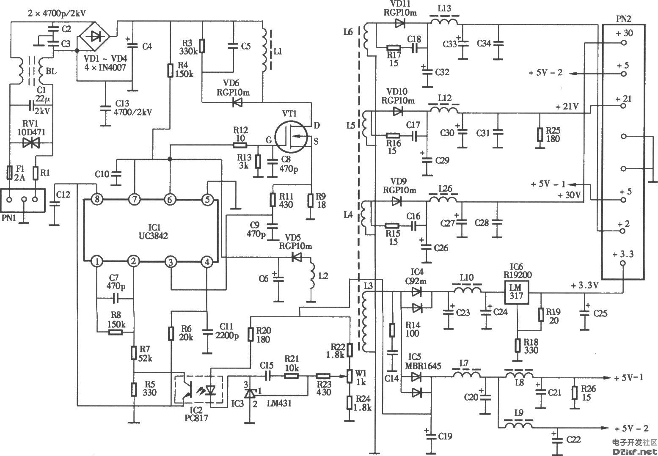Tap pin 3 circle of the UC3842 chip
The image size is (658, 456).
[171, 262]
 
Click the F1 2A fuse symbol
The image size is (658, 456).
[10, 173]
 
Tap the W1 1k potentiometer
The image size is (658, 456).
[350, 375]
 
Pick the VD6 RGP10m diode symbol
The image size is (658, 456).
[237, 102]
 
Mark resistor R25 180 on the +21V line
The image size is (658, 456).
[540, 135]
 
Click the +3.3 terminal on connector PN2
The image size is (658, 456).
[622, 263]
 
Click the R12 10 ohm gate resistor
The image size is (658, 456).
[240, 145]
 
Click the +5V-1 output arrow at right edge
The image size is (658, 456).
[608, 378]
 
